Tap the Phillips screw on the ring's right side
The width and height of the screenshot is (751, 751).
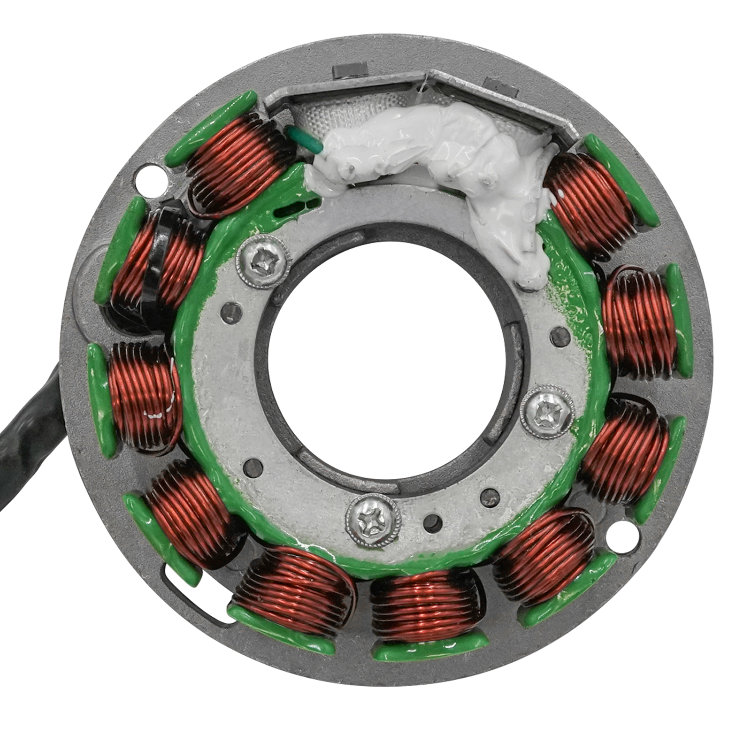tap(548, 411)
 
